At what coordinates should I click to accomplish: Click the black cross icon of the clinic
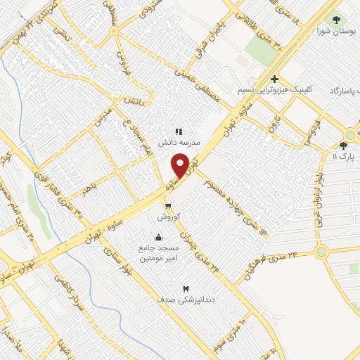pyautogui.click(x=274, y=79)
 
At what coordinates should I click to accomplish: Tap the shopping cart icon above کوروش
pyautogui.click(x=168, y=205)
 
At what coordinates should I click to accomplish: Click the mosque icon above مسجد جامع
pyautogui.click(x=158, y=237)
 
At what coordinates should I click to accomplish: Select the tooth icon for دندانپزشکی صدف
pyautogui.click(x=186, y=288)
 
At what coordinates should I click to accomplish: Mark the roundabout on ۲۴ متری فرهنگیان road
pyautogui.click(x=321, y=251)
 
